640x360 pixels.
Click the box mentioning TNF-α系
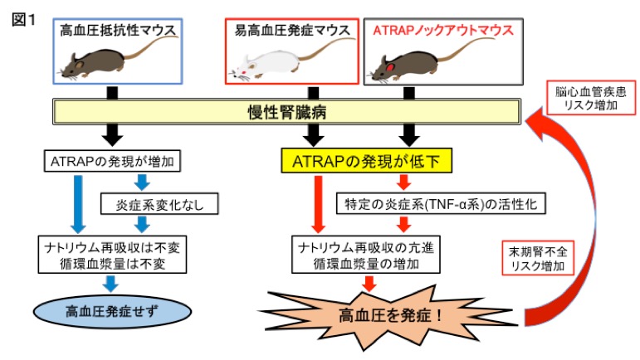point(408,202)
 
